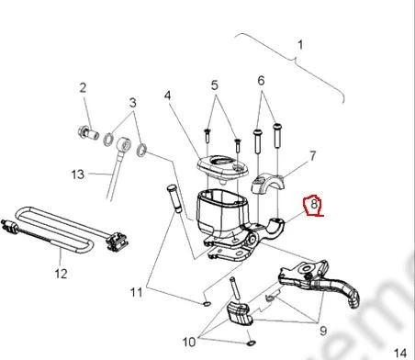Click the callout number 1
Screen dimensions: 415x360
point(300,45)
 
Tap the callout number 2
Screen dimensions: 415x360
point(83,88)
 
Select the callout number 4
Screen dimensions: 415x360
point(167,96)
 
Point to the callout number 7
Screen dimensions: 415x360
point(312,156)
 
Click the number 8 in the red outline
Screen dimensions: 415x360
point(314,204)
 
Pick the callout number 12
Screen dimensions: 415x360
point(61,274)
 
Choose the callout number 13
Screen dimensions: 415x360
point(78,174)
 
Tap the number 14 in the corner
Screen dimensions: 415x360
point(399,353)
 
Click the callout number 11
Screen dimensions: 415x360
point(137,292)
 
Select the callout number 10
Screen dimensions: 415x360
point(189,342)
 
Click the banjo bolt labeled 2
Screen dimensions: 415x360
point(88,132)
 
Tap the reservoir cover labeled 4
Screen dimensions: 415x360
point(222,167)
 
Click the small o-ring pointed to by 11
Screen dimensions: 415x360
point(207,304)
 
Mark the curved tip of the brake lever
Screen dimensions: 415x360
point(354,300)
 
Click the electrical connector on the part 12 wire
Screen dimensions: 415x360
point(117,242)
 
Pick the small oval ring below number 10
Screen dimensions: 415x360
point(251,343)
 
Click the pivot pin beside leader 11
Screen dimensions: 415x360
point(174,198)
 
